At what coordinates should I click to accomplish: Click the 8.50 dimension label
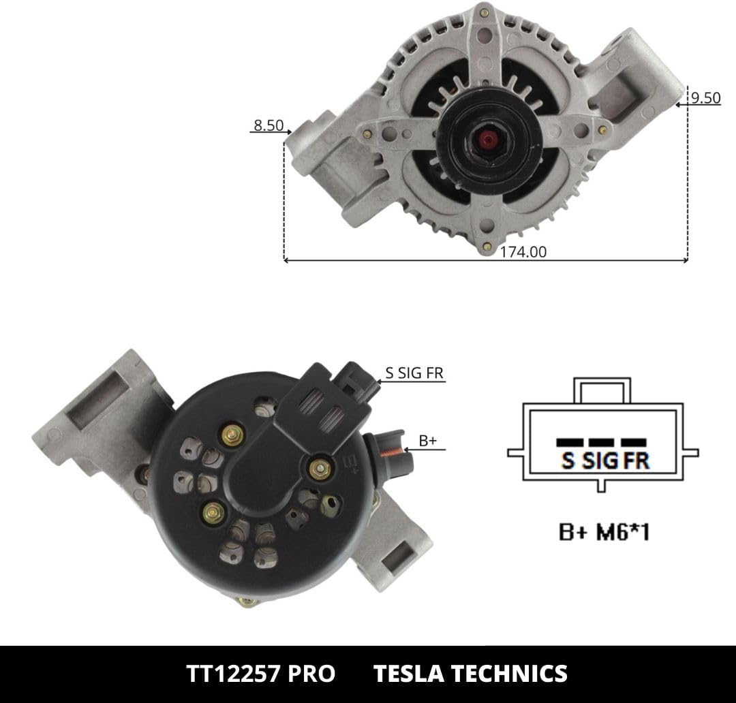[x=269, y=125]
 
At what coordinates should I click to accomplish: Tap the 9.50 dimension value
[x=705, y=97]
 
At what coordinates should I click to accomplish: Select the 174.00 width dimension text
[x=523, y=252]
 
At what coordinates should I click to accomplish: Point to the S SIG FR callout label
[x=414, y=373]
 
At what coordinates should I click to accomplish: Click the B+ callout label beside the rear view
[x=427, y=441]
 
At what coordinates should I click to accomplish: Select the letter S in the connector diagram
[x=568, y=460]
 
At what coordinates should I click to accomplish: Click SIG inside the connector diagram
[x=600, y=460]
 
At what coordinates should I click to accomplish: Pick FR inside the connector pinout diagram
[x=637, y=460]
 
